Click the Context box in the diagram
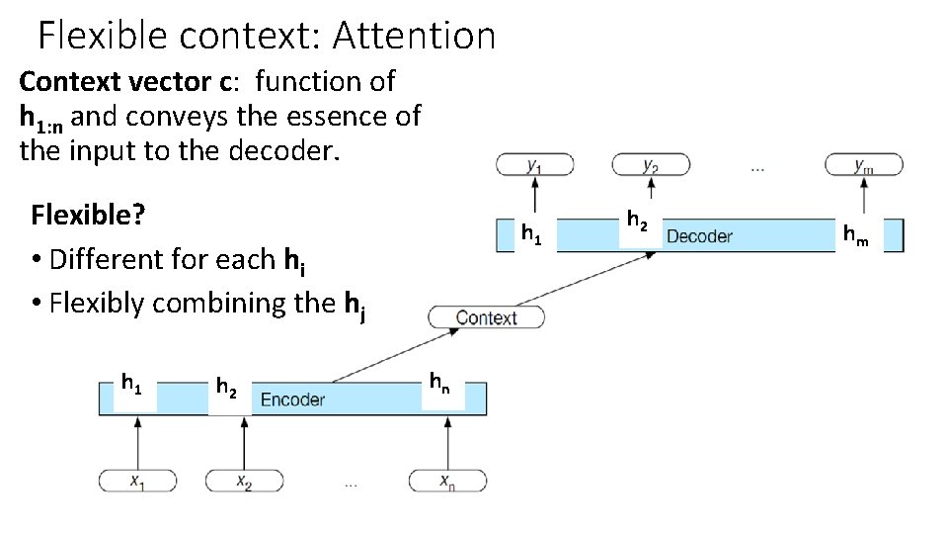(486, 317)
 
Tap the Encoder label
(292, 400)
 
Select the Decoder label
(699, 236)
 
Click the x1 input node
(137, 481)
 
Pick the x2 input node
(244, 481)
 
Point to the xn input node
(448, 481)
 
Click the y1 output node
(533, 166)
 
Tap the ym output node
(863, 166)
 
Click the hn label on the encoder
(439, 381)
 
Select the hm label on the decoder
(855, 235)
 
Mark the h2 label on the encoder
(226, 387)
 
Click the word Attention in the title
(414, 37)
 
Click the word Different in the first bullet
(110, 259)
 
